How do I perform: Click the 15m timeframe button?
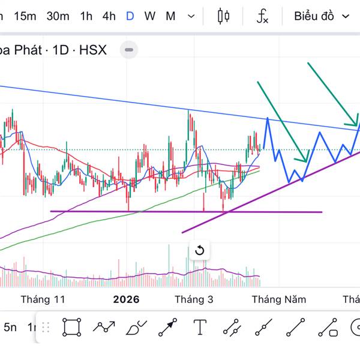click(x=25, y=16)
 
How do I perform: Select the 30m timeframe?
click(x=58, y=16)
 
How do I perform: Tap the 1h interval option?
click(x=86, y=16)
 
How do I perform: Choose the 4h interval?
click(x=109, y=16)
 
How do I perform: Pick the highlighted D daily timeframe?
click(x=130, y=16)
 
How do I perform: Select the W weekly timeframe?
click(x=150, y=16)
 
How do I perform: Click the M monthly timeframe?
click(x=170, y=16)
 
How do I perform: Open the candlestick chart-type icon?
click(x=224, y=16)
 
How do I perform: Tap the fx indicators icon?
click(x=262, y=16)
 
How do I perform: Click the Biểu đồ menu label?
click(x=314, y=16)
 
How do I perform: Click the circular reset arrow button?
click(x=200, y=251)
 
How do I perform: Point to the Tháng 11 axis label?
click(x=43, y=299)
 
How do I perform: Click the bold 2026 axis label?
click(x=126, y=299)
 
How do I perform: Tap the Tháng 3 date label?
click(x=194, y=299)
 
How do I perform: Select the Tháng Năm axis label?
click(x=279, y=299)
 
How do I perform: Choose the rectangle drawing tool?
click(x=71, y=328)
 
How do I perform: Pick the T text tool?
click(x=200, y=328)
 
